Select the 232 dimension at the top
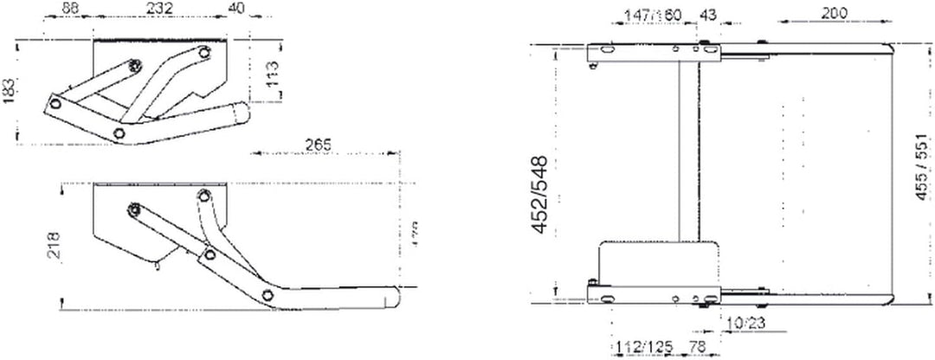click(158, 9)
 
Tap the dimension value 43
click(707, 15)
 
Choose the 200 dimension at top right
click(835, 12)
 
